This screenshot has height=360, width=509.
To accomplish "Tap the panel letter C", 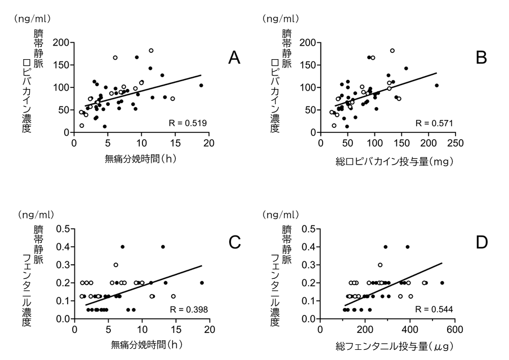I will point(235,242).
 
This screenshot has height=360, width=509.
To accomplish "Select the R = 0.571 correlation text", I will point(434,123).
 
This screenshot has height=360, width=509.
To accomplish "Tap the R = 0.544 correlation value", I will point(434,309).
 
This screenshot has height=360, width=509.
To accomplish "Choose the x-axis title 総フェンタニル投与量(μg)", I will point(388,345).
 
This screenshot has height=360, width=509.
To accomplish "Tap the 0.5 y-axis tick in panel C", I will point(63,229).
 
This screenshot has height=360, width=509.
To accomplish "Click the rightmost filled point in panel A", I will point(201,86).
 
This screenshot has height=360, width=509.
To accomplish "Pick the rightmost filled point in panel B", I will point(436,86).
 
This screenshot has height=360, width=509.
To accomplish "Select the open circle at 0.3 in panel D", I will point(380,265).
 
